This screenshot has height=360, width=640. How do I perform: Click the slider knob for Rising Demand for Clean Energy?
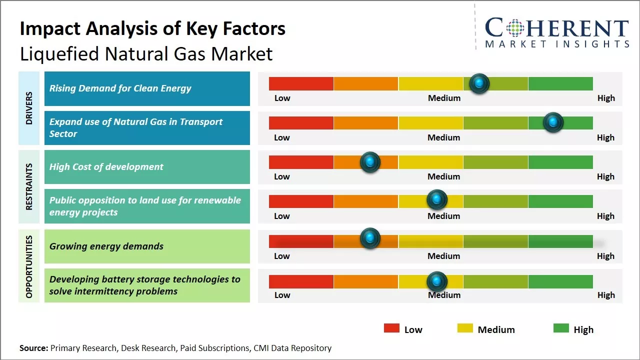[x=479, y=83]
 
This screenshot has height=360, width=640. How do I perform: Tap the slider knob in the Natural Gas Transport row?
[x=553, y=122]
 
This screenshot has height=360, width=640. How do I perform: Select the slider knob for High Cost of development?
[x=370, y=162]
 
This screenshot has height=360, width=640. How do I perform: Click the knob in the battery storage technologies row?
[x=437, y=281]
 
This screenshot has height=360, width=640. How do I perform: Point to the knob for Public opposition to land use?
[x=437, y=200]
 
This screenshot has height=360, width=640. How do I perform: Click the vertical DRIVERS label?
[x=29, y=108]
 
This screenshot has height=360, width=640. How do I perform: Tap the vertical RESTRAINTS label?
[x=29, y=186]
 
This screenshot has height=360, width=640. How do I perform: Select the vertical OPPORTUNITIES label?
[x=29, y=266]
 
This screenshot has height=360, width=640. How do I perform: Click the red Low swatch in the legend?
[x=391, y=328]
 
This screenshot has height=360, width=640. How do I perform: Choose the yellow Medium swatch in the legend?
[x=465, y=328]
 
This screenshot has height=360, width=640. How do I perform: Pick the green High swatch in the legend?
[x=561, y=328]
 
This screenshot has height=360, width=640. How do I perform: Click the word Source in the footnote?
[x=33, y=348]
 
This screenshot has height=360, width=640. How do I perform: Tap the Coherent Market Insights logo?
[x=556, y=33]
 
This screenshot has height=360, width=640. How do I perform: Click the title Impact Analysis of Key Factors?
[x=152, y=28]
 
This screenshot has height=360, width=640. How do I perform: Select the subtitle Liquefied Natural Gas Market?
[x=146, y=54]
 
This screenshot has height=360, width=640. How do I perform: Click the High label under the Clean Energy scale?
[x=606, y=98]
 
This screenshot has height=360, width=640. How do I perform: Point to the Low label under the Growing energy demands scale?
[x=282, y=256]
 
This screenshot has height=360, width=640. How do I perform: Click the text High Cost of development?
[x=106, y=167]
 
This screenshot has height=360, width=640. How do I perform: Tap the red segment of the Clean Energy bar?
[x=301, y=83]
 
